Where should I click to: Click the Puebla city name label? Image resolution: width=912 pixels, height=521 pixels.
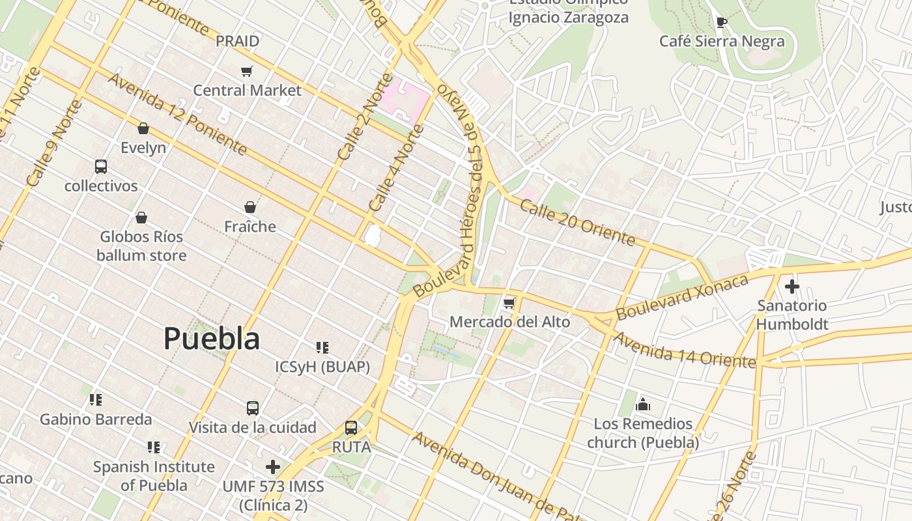coord(212,339)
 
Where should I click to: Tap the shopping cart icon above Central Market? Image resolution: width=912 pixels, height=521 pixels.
coord(246,71)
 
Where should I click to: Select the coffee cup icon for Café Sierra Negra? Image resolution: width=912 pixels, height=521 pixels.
coord(721,23)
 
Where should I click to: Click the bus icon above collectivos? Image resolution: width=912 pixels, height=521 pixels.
coord(101,167)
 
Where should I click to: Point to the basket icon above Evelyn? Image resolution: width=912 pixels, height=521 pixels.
coord(143,128)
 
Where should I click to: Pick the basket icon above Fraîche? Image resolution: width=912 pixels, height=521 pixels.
coord(250,207)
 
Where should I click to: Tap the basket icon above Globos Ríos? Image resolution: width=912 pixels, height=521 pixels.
coord(141,218)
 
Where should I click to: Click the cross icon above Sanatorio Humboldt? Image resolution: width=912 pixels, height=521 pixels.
coord(791,286)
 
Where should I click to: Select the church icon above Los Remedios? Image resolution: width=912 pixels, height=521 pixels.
coord(643,405)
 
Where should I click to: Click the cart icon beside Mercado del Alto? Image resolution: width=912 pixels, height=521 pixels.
coord(509,303)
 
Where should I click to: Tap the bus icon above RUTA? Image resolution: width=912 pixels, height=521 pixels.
coord(351,428)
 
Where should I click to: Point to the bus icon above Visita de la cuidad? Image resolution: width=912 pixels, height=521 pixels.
coord(253,408)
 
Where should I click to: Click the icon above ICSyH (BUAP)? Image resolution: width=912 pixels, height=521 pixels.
coord(322,347)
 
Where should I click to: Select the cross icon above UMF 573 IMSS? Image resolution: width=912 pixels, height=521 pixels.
coord(273,467)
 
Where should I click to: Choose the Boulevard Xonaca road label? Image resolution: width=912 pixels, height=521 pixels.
coord(682,297)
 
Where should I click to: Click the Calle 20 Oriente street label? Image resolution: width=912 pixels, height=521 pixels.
coord(577,222)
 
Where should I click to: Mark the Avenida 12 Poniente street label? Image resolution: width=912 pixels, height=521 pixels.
coord(177,115)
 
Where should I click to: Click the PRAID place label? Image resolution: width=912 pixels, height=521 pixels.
coord(237,41)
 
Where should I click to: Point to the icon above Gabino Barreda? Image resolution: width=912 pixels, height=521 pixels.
coord(96,399)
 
